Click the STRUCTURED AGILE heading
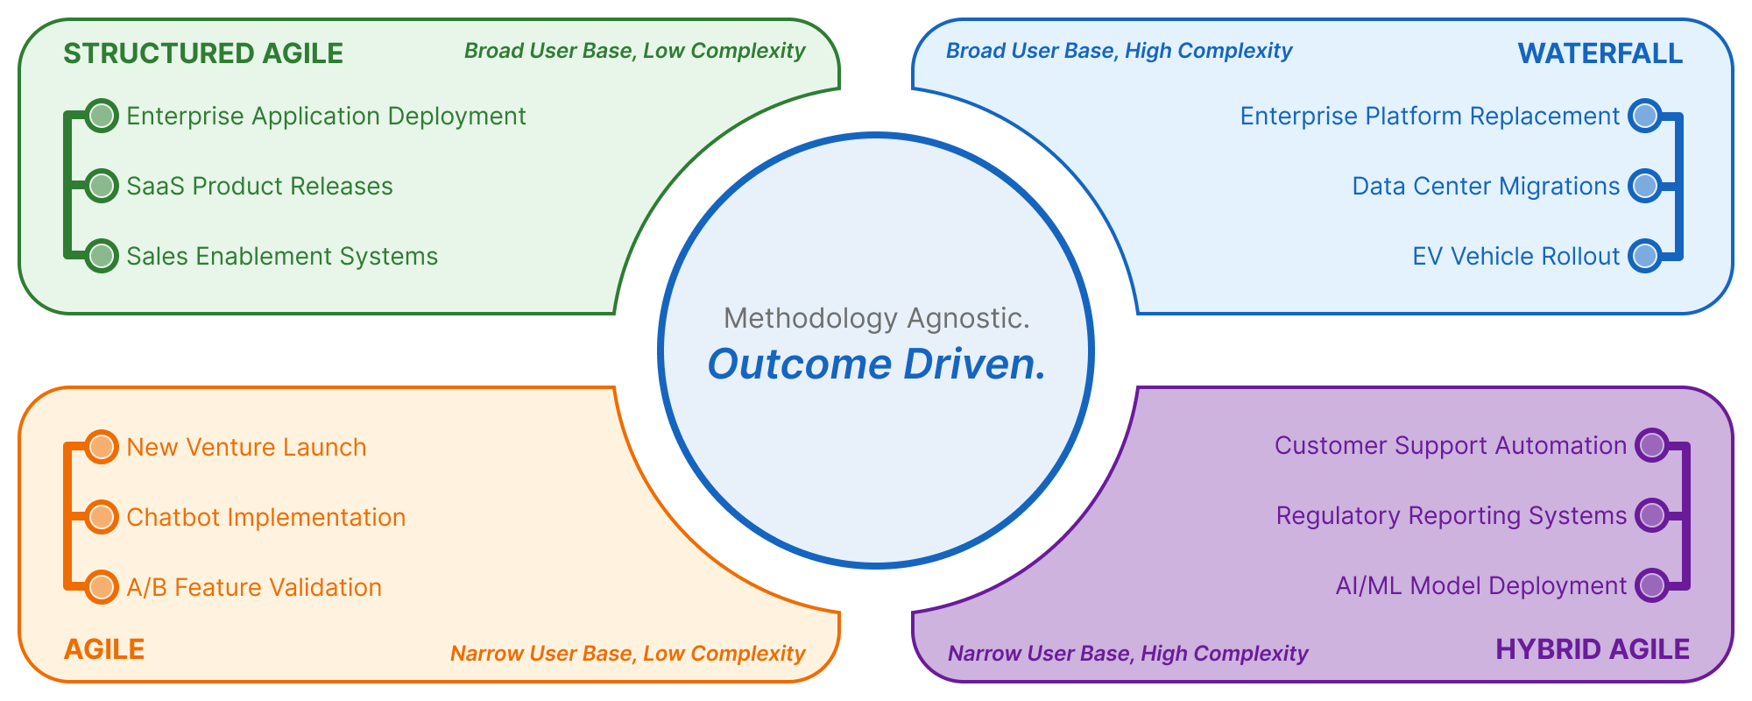pos(203,53)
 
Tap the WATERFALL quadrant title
pos(1600,53)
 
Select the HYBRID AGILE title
pos(1592,649)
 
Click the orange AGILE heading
pos(104,649)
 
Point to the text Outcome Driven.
pos(876,365)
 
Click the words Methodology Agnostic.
pos(876,318)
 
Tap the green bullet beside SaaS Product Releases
pos(102,186)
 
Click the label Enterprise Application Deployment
pos(326,117)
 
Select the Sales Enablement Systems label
pos(282,257)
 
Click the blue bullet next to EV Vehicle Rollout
pos(1645,256)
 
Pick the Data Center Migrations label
pos(1486,187)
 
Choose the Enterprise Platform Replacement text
pos(1430,117)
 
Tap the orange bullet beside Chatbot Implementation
pos(102,517)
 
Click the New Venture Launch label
pos(246,448)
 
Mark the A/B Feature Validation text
pos(254,588)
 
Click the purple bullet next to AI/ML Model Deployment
pos(1652,585)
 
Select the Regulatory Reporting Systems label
pos(1451,516)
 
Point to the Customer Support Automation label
pos(1450,446)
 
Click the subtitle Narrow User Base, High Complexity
pos(1127,654)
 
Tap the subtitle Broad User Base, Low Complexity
pos(634,51)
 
